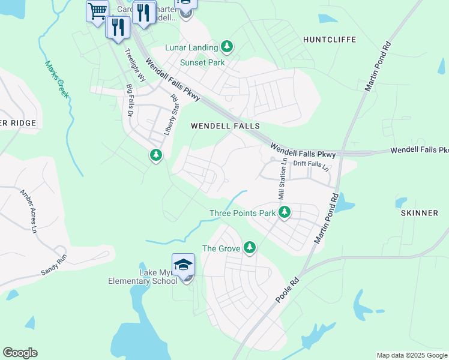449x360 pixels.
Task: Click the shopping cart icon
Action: pyautogui.click(x=97, y=11)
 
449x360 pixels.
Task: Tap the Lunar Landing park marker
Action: pyautogui.click(x=226, y=47)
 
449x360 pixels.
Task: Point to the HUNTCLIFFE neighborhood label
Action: pyautogui.click(x=330, y=40)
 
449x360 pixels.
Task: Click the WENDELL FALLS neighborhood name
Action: pyautogui.click(x=225, y=126)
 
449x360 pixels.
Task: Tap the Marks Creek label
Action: pyautogui.click(x=56, y=79)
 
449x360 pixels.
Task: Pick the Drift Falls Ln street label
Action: pyautogui.click(x=312, y=163)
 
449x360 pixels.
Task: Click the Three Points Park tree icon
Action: pyautogui.click(x=285, y=212)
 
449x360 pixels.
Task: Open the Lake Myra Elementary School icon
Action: pyautogui.click(x=183, y=265)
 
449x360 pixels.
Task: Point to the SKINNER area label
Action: pyautogui.click(x=419, y=213)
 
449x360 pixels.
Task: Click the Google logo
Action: pyautogui.click(x=20, y=352)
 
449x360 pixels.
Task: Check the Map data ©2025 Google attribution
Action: pyautogui.click(x=411, y=355)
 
